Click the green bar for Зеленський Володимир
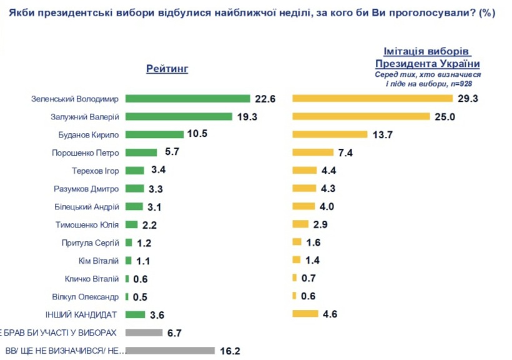coord(187,99)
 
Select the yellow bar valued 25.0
coord(362,116)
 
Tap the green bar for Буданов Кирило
coord(154,134)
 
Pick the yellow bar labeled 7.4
coord(313,152)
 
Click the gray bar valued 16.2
coord(170,351)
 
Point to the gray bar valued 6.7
coord(144,332)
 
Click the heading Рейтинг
coord(167,69)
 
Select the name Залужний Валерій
coord(84,117)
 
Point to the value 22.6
coord(265,99)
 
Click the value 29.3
coord(467,99)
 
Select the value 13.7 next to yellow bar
coord(382,134)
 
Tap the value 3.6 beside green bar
coord(156,314)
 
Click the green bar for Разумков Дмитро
coord(133,189)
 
